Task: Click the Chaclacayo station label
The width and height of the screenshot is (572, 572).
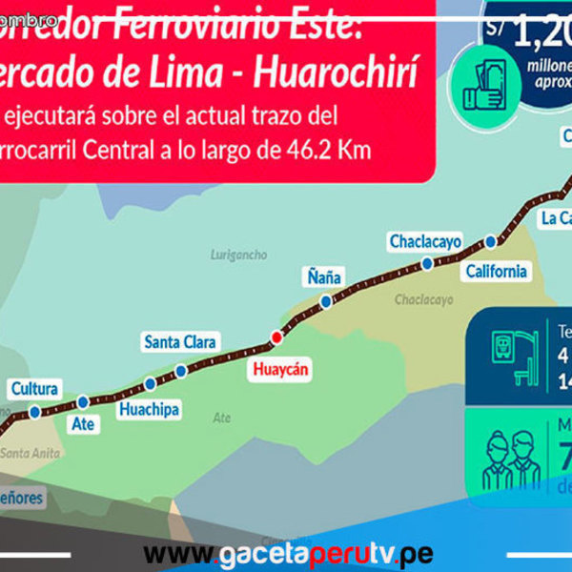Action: tap(425, 242)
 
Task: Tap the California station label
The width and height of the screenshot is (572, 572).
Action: tap(496, 272)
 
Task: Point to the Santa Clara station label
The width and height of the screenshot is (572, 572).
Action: tap(180, 341)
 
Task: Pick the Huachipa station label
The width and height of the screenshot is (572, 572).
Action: tap(149, 409)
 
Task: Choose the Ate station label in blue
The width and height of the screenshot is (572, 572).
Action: tap(84, 423)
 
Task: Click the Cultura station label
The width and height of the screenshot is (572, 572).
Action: tap(34, 389)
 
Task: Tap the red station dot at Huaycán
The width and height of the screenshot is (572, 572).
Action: tap(276, 336)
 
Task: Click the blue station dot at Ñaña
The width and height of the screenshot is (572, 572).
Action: tap(326, 301)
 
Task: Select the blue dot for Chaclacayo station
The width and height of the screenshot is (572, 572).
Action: tap(428, 263)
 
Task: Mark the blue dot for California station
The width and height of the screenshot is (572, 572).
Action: tap(490, 241)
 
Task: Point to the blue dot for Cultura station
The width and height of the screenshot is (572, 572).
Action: tap(35, 412)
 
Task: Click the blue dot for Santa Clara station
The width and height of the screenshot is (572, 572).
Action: tap(181, 371)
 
